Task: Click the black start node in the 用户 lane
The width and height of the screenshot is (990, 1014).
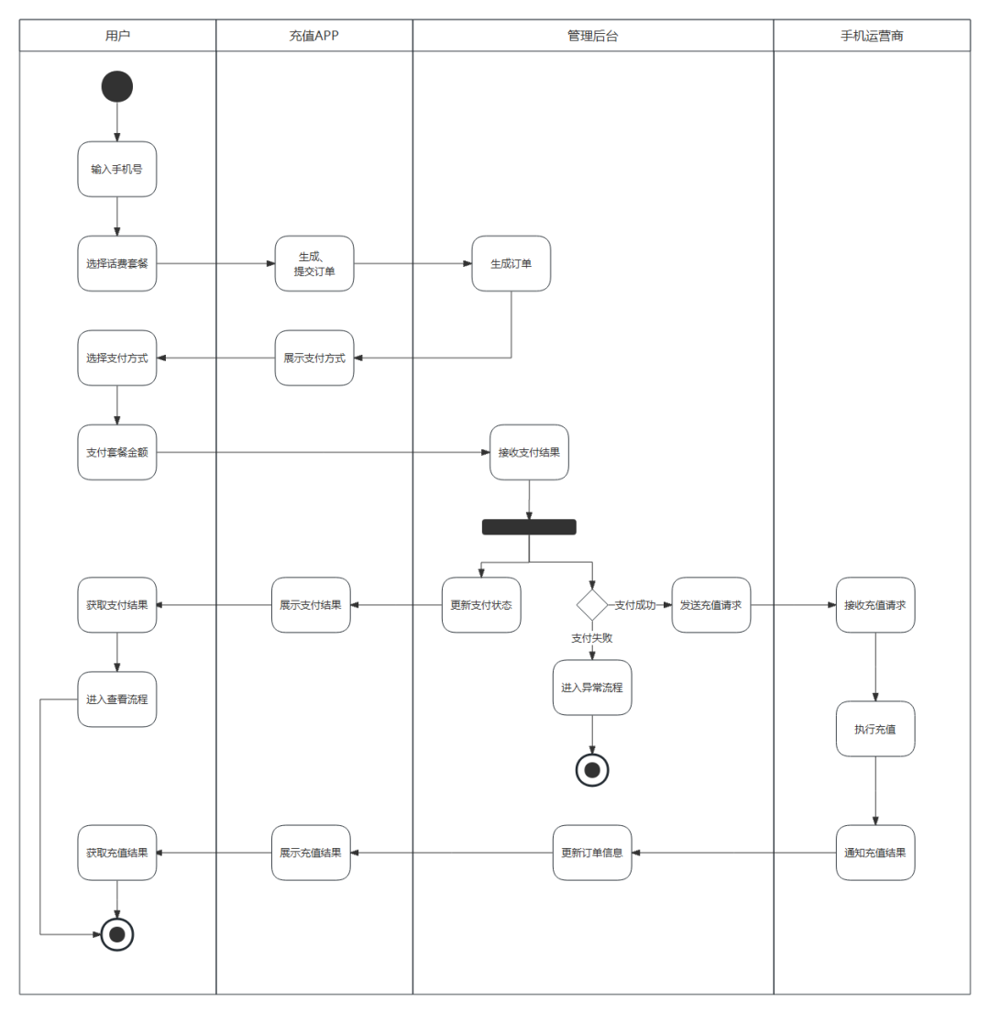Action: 117,87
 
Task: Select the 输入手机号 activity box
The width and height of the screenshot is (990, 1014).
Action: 117,170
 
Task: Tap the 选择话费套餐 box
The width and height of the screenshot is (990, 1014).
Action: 117,263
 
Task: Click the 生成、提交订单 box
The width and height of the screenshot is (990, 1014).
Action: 314,263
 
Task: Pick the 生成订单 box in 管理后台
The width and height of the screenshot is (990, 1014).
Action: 511,263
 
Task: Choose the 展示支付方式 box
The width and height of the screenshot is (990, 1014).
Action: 314,358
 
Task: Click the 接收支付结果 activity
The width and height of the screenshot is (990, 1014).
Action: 529,452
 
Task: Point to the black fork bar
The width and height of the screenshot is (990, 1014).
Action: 529,527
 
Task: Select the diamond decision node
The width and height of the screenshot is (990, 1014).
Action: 591,605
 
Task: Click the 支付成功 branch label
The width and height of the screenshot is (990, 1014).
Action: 635,605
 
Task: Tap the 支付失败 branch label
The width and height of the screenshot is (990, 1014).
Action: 591,637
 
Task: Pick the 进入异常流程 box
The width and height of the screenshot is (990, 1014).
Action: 591,688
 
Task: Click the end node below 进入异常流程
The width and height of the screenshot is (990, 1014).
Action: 591,770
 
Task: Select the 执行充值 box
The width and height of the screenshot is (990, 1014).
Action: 874,729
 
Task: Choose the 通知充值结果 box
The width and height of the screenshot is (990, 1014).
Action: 874,853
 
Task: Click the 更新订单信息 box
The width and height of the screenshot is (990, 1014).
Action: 591,853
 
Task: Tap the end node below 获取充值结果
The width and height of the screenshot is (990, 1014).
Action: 117,934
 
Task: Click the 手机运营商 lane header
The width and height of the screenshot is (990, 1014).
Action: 872,36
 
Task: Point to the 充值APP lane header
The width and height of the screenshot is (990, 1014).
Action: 314,36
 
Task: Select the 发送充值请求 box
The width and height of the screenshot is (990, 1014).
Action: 710,605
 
